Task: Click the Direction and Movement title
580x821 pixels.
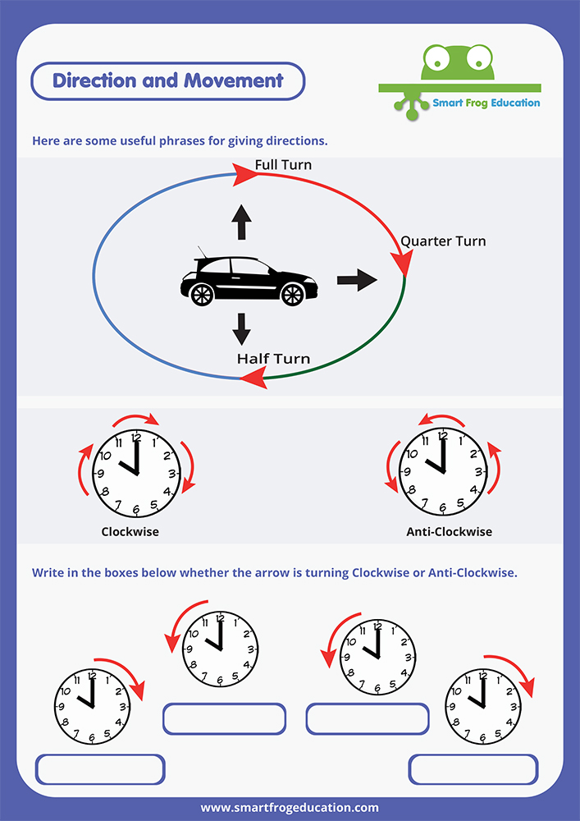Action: [x=168, y=80]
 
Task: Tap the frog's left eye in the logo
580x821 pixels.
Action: [x=434, y=58]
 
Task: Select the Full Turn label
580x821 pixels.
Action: [x=283, y=165]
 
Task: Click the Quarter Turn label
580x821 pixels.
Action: [x=443, y=241]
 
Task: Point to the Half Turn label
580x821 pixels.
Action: [x=273, y=359]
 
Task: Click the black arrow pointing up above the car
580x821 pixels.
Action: [x=241, y=222]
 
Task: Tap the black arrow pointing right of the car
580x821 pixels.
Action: [x=357, y=280]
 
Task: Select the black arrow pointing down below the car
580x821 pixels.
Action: [x=241, y=329]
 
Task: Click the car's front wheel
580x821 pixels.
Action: [x=293, y=294]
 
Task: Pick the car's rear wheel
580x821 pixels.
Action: [x=202, y=294]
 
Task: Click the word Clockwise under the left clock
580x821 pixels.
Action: [x=130, y=532]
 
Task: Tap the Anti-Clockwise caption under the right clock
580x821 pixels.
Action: [x=450, y=532]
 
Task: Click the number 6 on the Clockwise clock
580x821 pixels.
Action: [x=136, y=508]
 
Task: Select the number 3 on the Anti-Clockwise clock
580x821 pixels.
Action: [x=478, y=472]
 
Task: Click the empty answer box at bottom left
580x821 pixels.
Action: [x=100, y=770]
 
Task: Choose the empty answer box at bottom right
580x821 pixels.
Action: [x=473, y=770]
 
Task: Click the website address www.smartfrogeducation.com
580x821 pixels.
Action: [x=290, y=808]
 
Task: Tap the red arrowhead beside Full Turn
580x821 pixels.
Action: [x=244, y=174]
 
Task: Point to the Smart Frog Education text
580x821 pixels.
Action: [x=486, y=103]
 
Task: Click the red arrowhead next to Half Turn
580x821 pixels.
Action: [x=253, y=378]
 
